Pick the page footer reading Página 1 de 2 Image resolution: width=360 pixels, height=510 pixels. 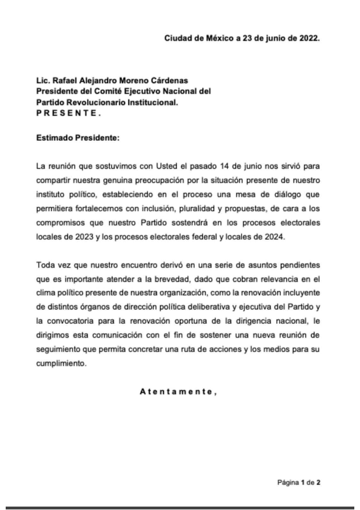coord(298,482)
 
